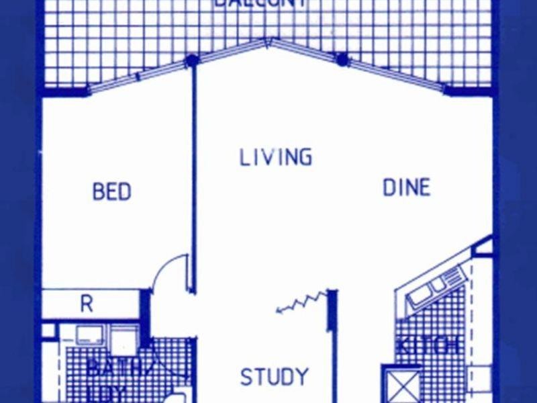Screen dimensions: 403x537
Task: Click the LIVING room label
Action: click(x=276, y=157)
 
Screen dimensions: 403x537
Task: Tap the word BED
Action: click(x=111, y=192)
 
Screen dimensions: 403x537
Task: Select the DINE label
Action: click(x=406, y=187)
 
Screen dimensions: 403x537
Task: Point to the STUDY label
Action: click(x=275, y=377)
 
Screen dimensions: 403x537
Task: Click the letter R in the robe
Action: click(x=87, y=304)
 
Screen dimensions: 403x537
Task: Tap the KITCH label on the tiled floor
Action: click(x=430, y=347)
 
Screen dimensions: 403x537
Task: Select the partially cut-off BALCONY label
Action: click(x=262, y=3)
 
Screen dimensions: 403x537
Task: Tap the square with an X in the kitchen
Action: click(x=401, y=385)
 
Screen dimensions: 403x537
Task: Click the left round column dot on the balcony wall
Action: click(x=193, y=61)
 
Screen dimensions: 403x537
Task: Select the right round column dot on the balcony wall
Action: click(x=342, y=60)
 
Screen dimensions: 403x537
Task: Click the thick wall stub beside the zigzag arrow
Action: click(x=331, y=310)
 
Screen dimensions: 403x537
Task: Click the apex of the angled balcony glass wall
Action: click(x=268, y=42)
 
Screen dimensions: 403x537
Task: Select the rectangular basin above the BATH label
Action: click(x=89, y=334)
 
